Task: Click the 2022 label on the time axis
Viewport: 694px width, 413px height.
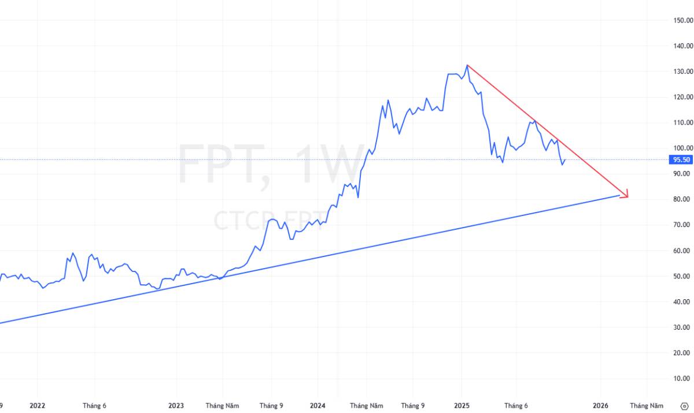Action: click(x=37, y=405)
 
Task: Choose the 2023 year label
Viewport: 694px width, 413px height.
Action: click(x=176, y=405)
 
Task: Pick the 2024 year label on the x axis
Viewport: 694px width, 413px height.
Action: click(x=317, y=405)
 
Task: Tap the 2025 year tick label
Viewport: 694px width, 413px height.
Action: click(x=462, y=405)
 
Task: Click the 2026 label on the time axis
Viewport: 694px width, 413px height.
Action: click(x=601, y=405)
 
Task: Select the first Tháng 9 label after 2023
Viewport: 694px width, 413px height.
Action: click(x=271, y=405)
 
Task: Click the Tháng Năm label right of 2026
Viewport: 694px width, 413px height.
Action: click(x=647, y=405)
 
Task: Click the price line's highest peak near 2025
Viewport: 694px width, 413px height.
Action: click(x=467, y=65)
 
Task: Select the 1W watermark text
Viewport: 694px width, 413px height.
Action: click(x=330, y=164)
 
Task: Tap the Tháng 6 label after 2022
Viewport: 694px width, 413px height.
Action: click(x=94, y=405)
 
